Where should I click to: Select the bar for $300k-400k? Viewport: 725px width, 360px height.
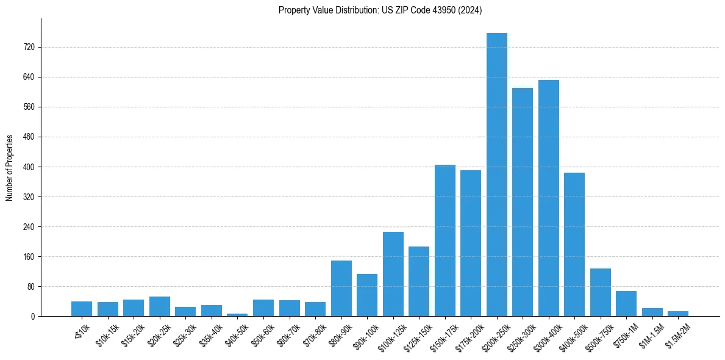(x=548, y=198)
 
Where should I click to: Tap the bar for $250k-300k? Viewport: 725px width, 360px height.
(x=523, y=202)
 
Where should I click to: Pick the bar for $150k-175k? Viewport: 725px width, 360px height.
(x=445, y=240)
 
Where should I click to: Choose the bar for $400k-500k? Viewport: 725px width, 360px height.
(x=574, y=244)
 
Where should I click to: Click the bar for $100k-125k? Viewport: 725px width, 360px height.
(x=393, y=274)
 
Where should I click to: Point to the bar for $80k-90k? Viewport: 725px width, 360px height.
(x=341, y=288)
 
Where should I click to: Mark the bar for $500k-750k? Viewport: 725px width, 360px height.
(x=600, y=292)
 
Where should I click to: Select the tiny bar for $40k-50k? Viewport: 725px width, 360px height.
(x=237, y=314)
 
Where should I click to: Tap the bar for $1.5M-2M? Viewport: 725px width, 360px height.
(x=678, y=314)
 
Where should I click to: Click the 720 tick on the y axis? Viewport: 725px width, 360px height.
(x=29, y=47)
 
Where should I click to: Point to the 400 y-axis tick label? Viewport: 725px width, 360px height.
(x=29, y=167)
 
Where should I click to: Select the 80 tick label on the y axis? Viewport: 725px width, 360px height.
(x=30, y=287)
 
